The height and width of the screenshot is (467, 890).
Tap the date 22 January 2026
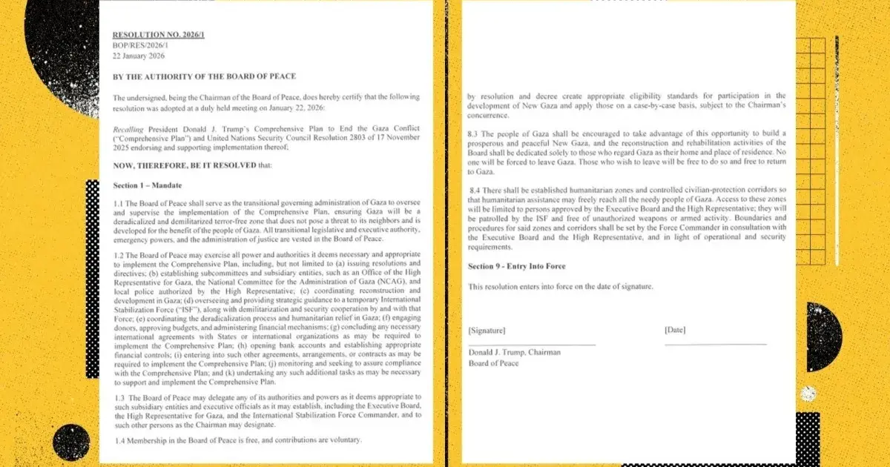click(139, 56)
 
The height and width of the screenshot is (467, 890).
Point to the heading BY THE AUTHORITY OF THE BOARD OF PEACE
click(204, 76)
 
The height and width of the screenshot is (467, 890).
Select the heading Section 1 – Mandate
click(147, 185)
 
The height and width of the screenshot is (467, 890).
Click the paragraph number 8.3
click(473, 133)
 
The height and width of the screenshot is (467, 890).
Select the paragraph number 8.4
click(474, 191)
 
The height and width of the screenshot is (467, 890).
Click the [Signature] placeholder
click(487, 330)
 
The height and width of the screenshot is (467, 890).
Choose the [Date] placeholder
click(675, 330)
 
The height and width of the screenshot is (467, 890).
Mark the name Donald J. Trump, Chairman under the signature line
click(514, 353)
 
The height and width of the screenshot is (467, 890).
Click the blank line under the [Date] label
click(715, 344)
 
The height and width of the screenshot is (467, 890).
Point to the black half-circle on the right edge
click(823, 337)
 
